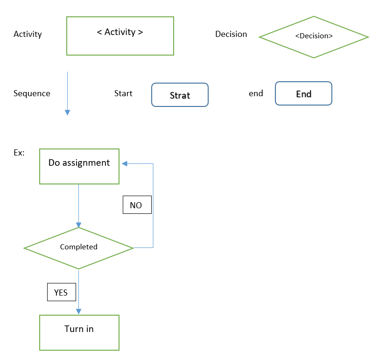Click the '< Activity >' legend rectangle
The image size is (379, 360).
pos(120,36)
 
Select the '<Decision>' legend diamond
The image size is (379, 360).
pos(314,37)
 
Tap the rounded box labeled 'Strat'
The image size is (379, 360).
pos(180,95)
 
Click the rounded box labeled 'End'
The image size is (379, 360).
pos(303,93)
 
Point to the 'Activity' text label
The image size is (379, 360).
pos(28,34)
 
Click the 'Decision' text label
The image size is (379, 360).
pos(231,34)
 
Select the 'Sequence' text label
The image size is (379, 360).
pos(32,93)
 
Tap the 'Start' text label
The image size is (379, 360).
pos(123,93)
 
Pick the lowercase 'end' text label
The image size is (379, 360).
pos(256,93)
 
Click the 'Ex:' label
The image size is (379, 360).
pos(19,153)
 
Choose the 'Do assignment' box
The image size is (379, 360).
pos(79,166)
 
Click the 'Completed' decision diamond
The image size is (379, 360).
pos(78,248)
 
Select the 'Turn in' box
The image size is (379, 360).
pos(79,332)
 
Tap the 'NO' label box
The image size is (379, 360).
pos(137,205)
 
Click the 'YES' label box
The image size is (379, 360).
pos(61,292)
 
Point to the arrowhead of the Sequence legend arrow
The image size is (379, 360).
pos(67,113)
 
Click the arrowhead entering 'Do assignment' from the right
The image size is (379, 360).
pos(125,163)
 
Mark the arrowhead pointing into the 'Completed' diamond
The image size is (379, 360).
pos(78,224)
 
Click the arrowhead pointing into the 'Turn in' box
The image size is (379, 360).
pos(78,311)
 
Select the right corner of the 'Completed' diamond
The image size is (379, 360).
pos(133,248)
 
